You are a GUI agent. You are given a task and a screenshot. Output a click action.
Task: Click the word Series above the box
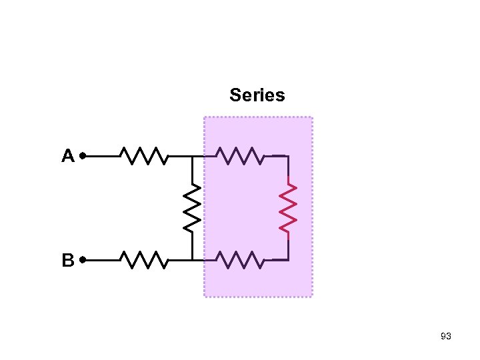point(257,95)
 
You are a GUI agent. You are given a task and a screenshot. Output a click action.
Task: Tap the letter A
point(67,156)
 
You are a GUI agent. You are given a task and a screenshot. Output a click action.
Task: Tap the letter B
point(67,260)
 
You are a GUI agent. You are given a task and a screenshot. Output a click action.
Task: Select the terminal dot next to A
point(82,156)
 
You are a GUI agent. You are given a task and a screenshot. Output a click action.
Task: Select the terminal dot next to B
point(82,259)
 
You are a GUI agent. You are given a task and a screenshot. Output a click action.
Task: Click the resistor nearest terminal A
point(144,156)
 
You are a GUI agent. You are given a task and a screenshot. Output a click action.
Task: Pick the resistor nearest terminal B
point(144,259)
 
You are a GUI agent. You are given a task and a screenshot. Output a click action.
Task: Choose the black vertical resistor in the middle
point(192,208)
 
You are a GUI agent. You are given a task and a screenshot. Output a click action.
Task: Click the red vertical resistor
point(288,208)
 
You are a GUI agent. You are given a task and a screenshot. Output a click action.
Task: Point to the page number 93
point(446,337)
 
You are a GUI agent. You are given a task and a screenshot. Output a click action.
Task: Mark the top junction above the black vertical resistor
point(192,156)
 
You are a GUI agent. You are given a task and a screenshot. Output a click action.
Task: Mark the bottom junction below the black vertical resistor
point(192,259)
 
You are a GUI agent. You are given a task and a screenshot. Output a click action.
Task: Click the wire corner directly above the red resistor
point(288,157)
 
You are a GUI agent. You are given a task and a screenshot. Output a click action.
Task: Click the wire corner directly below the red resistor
point(288,259)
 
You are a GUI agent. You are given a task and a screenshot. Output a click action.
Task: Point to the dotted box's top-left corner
point(205,117)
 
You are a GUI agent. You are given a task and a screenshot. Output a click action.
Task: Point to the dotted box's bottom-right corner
point(311,295)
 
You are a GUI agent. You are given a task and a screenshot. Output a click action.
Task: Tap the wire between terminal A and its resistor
point(102,156)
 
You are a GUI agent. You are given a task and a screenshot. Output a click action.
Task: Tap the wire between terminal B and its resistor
point(102,259)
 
